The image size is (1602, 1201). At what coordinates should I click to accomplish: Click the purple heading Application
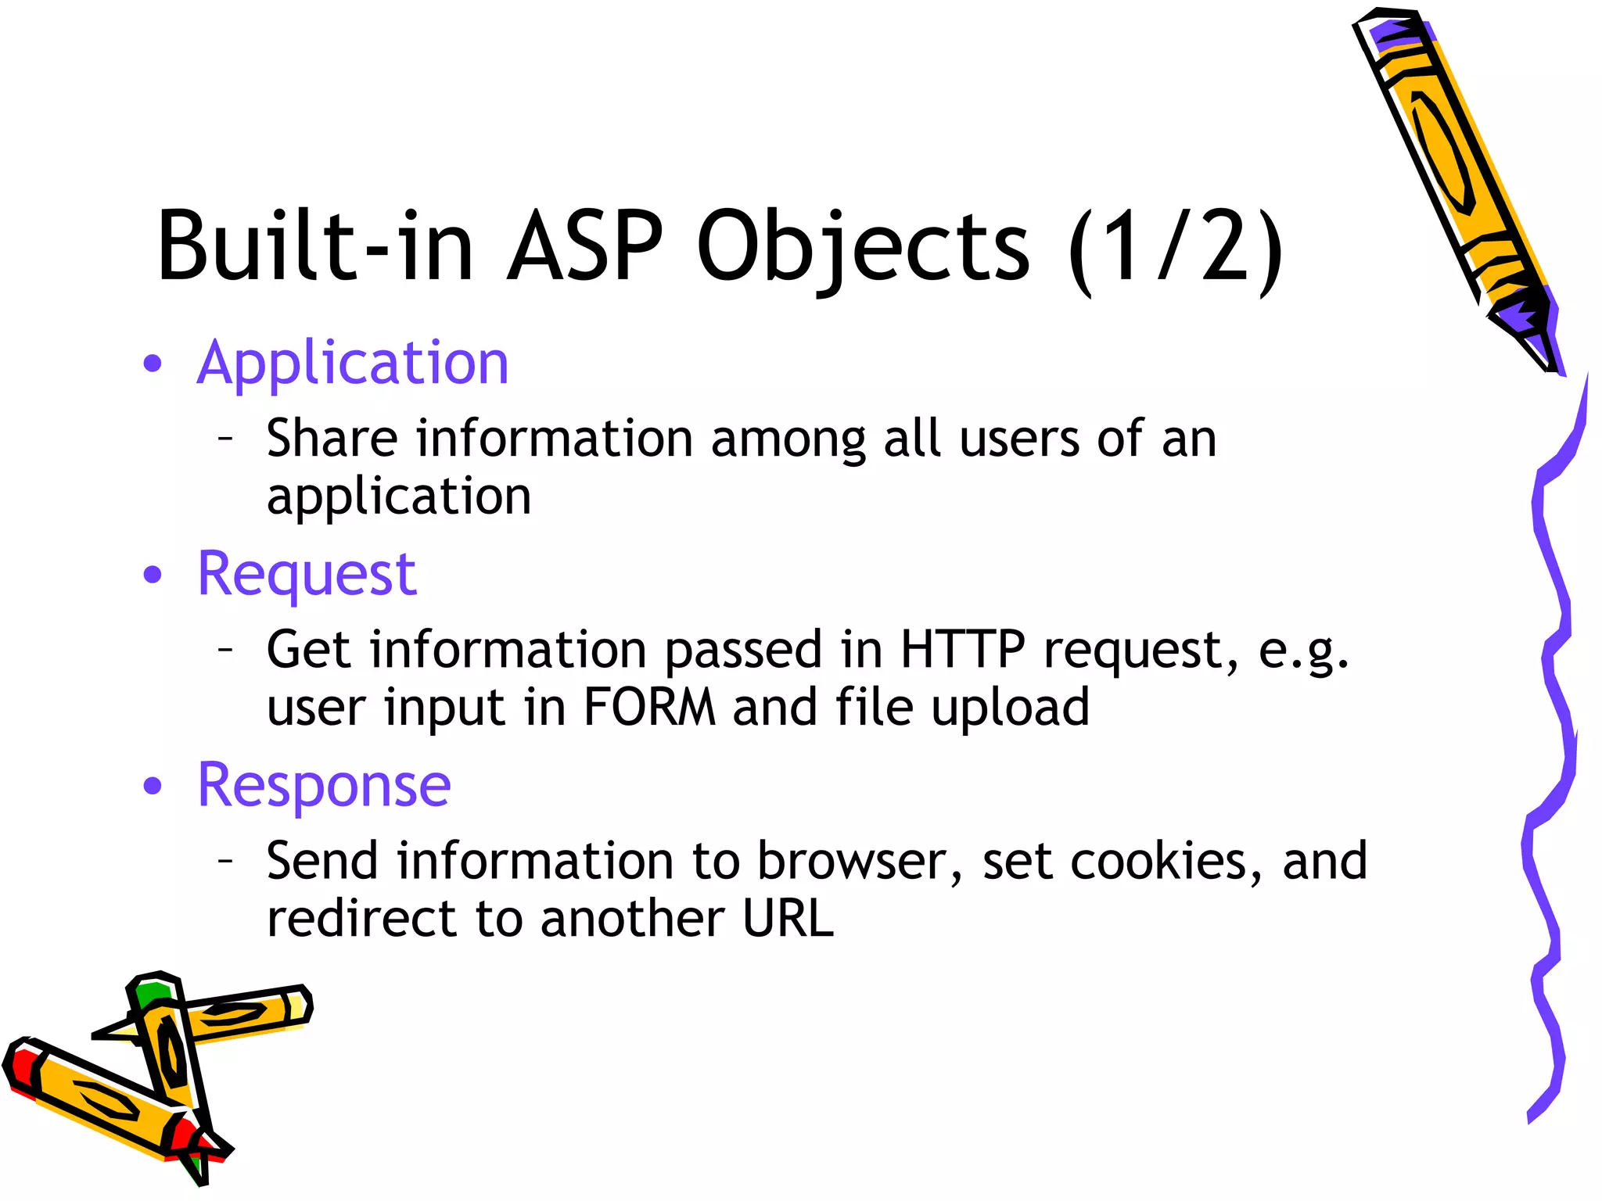tap(353, 364)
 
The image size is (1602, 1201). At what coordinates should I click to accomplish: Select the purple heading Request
tap(307, 575)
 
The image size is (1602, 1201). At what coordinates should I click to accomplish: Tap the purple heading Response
tap(324, 786)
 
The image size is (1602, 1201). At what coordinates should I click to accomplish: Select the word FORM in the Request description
tap(649, 707)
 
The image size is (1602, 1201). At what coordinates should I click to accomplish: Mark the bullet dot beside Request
tap(153, 575)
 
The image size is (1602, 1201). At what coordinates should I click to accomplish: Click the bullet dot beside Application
tap(153, 364)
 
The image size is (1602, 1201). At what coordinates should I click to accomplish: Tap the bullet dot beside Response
tap(153, 786)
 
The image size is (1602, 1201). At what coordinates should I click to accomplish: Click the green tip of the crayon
tap(150, 993)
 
